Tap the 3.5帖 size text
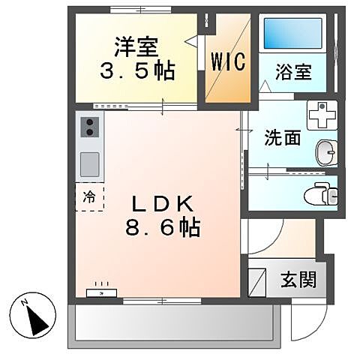138,71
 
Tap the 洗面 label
281,138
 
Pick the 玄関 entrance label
298,280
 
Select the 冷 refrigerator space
89,198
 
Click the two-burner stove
89,127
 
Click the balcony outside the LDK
172,323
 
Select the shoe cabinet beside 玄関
257,280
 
